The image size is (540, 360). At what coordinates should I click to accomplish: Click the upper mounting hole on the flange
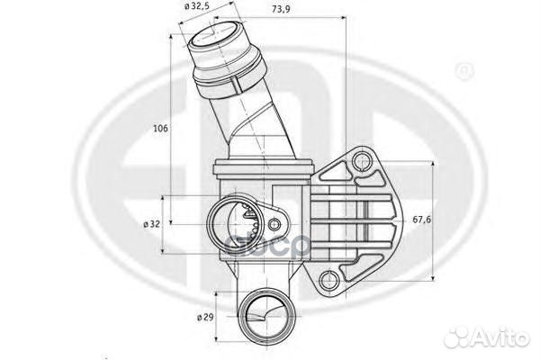pyautogui.click(x=362, y=162)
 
